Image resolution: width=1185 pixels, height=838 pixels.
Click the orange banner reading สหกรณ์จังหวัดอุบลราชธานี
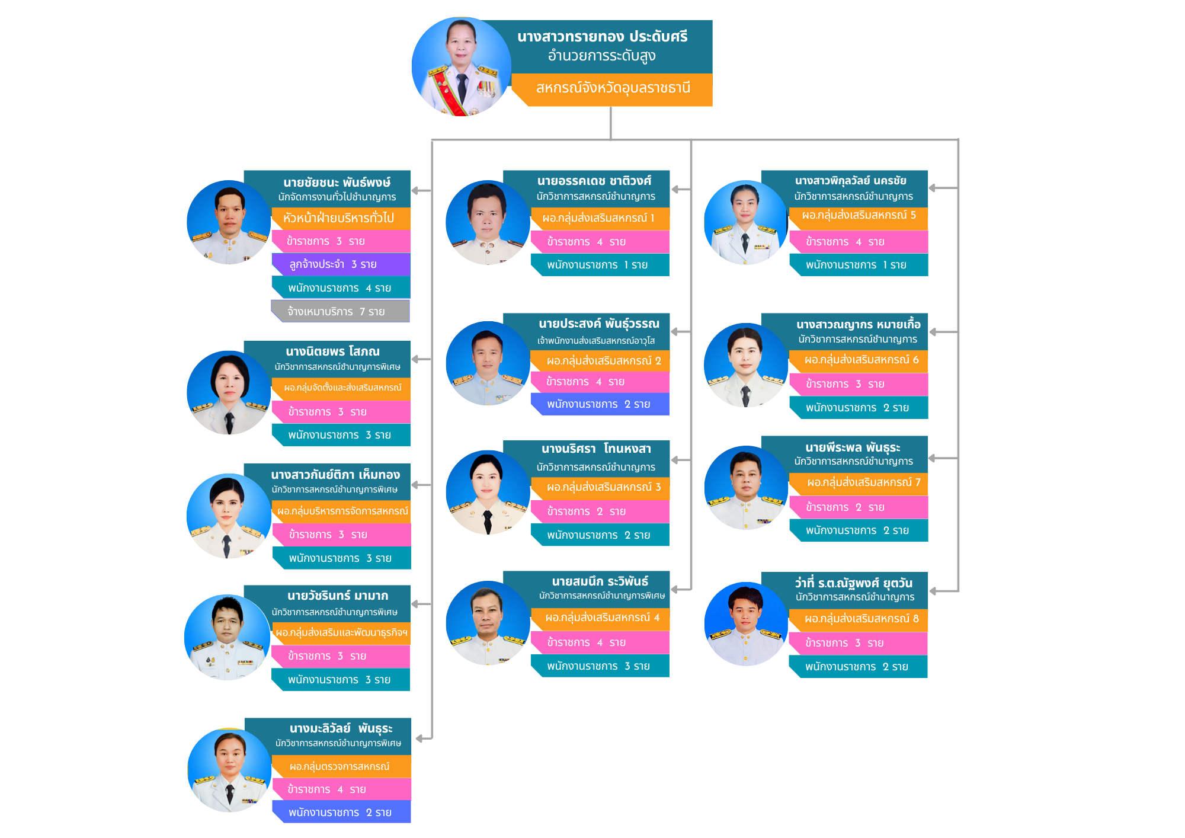(x=612, y=89)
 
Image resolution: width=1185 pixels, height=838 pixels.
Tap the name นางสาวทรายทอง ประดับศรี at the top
(x=602, y=37)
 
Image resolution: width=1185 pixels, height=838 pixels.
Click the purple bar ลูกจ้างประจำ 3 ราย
(x=341, y=264)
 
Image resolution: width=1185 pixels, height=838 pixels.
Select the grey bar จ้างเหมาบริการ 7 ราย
(x=341, y=311)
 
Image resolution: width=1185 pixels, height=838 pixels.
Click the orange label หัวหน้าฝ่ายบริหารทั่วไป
(x=341, y=218)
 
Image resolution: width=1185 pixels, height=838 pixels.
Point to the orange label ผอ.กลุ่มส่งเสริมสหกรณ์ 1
(x=600, y=218)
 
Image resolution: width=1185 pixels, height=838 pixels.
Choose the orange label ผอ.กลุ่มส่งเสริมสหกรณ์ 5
(x=859, y=216)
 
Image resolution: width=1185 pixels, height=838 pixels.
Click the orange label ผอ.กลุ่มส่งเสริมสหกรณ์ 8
(x=859, y=619)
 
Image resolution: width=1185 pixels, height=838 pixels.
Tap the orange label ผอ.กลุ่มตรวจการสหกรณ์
(x=341, y=766)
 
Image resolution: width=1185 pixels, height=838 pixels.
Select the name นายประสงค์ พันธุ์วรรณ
(x=599, y=324)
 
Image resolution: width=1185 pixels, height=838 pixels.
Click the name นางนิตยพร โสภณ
(x=332, y=351)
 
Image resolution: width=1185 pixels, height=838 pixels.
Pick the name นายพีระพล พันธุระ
(x=853, y=447)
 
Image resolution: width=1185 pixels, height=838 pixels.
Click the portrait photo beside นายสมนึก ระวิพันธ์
(x=488, y=623)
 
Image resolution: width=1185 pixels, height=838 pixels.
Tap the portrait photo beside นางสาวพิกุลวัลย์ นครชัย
(x=746, y=222)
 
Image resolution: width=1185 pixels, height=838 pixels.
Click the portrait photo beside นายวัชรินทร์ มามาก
(x=228, y=637)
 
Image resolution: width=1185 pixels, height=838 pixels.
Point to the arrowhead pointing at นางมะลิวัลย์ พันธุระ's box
(x=420, y=738)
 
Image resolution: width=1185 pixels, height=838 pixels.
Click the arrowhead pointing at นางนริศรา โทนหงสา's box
(x=675, y=460)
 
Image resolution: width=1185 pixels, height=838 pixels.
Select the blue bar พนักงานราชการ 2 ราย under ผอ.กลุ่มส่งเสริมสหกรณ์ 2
(x=600, y=404)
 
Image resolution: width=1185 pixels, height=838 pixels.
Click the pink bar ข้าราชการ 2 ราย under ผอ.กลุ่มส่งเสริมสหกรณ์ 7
(x=859, y=507)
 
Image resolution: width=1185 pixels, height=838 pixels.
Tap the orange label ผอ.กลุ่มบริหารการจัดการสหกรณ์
(x=342, y=511)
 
